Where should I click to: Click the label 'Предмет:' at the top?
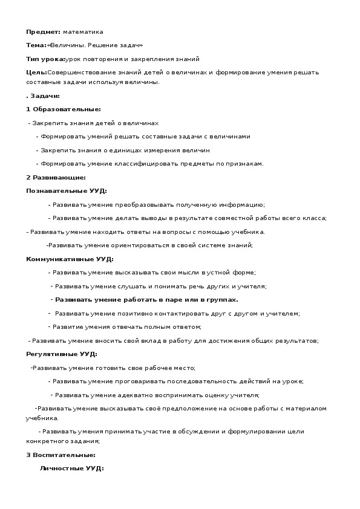[x=44, y=31]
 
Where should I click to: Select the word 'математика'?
[x=83, y=31]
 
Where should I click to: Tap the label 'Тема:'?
[x=36, y=45]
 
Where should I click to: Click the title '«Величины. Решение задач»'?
[x=95, y=45]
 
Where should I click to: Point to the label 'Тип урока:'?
[x=45, y=59]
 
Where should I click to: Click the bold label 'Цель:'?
[x=36, y=73]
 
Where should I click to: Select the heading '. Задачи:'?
[x=42, y=96]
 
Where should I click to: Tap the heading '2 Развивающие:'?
[x=56, y=178]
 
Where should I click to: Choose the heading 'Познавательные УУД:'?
[x=67, y=191]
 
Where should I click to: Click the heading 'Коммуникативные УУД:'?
[x=70, y=259]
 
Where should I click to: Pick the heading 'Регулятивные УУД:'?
[x=62, y=354]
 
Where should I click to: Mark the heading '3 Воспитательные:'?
[x=61, y=455]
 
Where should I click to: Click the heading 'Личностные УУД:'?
[x=71, y=468]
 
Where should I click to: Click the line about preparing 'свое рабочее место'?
[x=114, y=368]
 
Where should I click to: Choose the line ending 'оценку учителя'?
[x=156, y=395]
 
